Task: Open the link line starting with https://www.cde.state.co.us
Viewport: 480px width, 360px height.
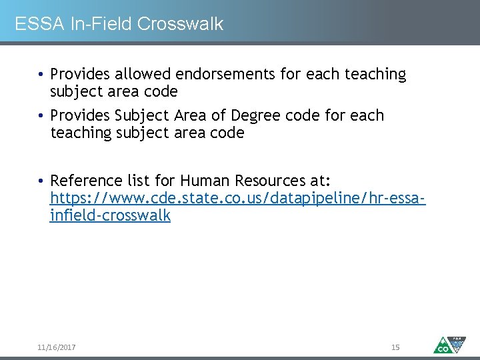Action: tap(238, 199)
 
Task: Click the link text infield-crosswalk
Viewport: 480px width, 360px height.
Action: tap(110, 215)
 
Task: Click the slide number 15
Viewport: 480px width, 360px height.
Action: tap(395, 347)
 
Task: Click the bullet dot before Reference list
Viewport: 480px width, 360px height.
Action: tap(41, 181)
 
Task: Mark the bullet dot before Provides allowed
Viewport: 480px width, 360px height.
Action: tap(41, 75)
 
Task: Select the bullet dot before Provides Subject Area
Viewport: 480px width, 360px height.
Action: tap(41, 116)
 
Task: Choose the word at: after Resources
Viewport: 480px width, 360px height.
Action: tap(319, 181)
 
